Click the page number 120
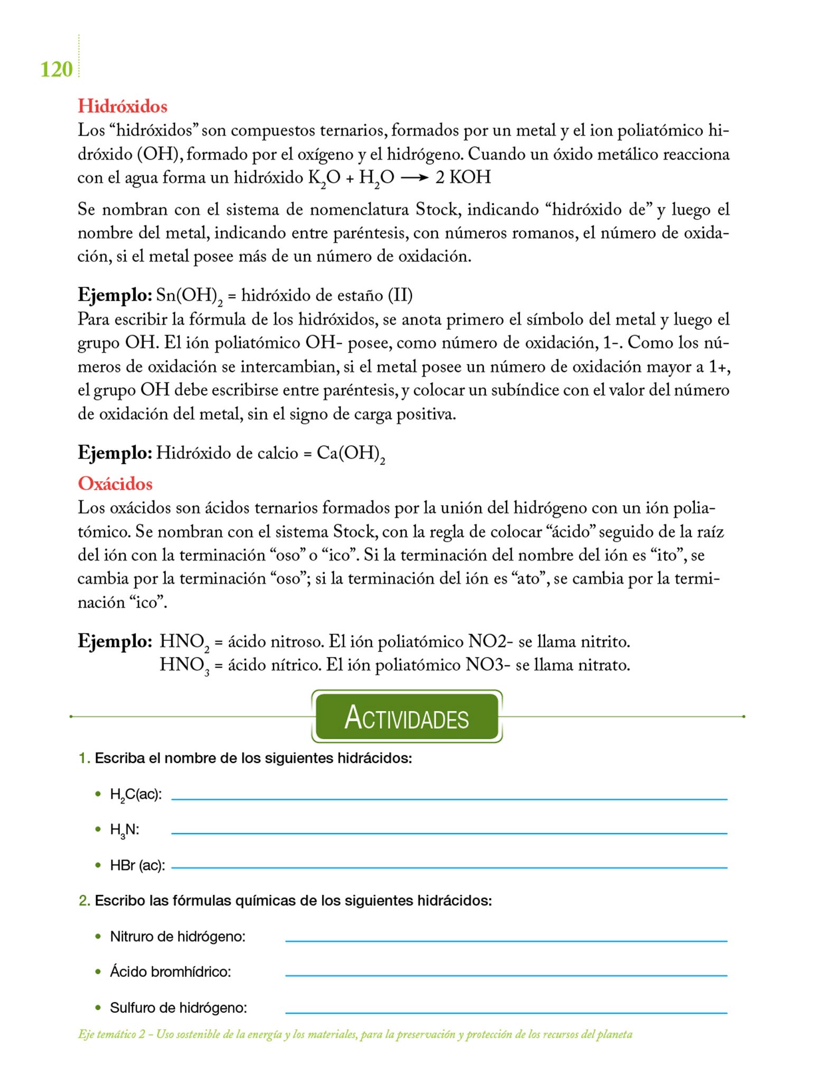(57, 69)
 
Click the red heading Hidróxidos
(123, 106)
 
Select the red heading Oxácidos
(115, 483)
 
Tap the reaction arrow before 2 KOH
(414, 178)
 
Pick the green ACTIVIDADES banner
(407, 716)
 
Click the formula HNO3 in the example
(184, 665)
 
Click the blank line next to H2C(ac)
(449, 799)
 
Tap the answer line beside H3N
(449, 833)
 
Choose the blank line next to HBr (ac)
(449, 868)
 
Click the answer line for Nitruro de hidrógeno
(506, 940)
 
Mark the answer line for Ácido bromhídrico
(506, 975)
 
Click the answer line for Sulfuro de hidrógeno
(506, 1012)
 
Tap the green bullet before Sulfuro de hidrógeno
(98, 1008)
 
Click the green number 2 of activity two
(83, 900)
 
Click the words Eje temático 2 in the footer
(111, 1034)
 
